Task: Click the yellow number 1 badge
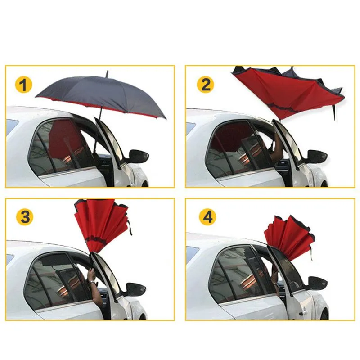click(x=24, y=85)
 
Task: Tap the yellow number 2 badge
click(x=206, y=85)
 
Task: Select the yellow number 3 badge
click(x=25, y=217)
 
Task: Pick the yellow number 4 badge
click(x=207, y=217)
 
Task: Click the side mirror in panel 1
click(x=138, y=156)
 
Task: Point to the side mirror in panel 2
click(x=317, y=157)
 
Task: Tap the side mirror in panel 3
click(x=135, y=289)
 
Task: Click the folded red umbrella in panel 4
click(x=290, y=239)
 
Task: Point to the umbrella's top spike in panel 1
click(x=107, y=74)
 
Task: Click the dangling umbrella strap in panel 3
click(x=130, y=227)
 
